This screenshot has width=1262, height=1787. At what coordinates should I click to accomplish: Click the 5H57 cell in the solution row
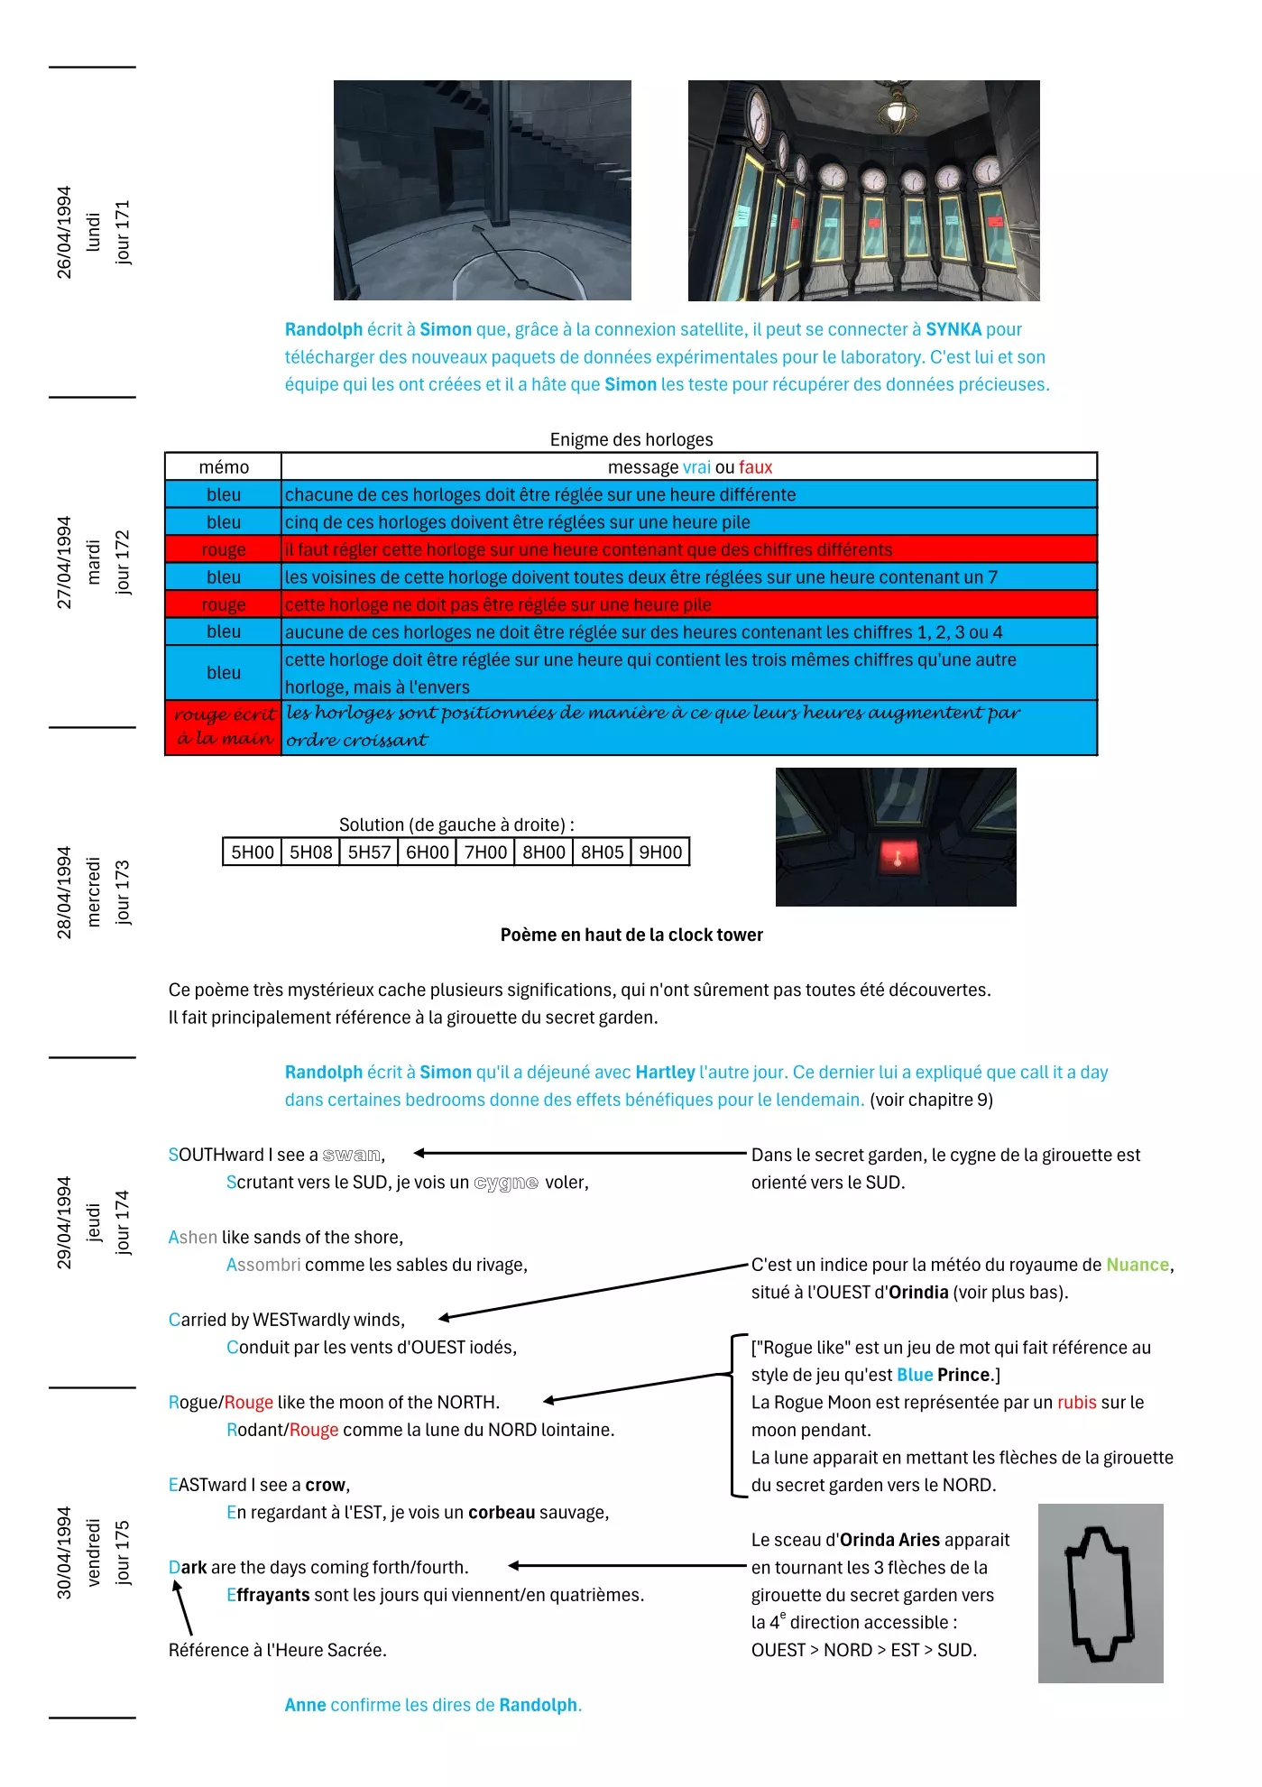[x=369, y=852]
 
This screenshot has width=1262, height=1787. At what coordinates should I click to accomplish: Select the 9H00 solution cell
[x=660, y=852]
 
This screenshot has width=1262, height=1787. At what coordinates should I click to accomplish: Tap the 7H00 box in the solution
[x=485, y=852]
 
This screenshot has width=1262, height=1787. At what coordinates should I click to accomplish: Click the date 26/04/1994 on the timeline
[x=64, y=233]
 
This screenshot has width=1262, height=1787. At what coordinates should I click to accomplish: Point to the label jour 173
[x=123, y=892]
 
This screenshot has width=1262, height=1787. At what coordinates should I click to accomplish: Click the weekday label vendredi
[x=94, y=1552]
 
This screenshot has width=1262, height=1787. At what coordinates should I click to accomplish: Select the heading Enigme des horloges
[x=631, y=439]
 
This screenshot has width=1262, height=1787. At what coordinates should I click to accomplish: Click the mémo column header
[x=224, y=467]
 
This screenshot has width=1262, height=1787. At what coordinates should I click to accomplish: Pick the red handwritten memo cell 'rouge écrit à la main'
[x=224, y=727]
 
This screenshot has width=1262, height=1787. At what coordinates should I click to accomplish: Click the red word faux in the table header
[x=755, y=467]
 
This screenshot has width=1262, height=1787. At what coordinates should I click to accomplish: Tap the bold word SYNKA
[x=953, y=329]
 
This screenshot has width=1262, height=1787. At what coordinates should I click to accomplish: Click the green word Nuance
[x=1137, y=1265]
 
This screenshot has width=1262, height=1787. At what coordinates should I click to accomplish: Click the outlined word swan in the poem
[x=351, y=1155]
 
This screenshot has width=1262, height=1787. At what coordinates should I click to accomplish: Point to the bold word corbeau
[x=502, y=1513]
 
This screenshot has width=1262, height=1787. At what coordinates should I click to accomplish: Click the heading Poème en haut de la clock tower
[x=631, y=935]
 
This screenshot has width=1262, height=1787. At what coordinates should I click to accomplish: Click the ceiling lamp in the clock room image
[x=896, y=110]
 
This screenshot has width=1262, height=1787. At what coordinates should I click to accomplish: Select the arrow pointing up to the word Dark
[x=182, y=1607]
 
